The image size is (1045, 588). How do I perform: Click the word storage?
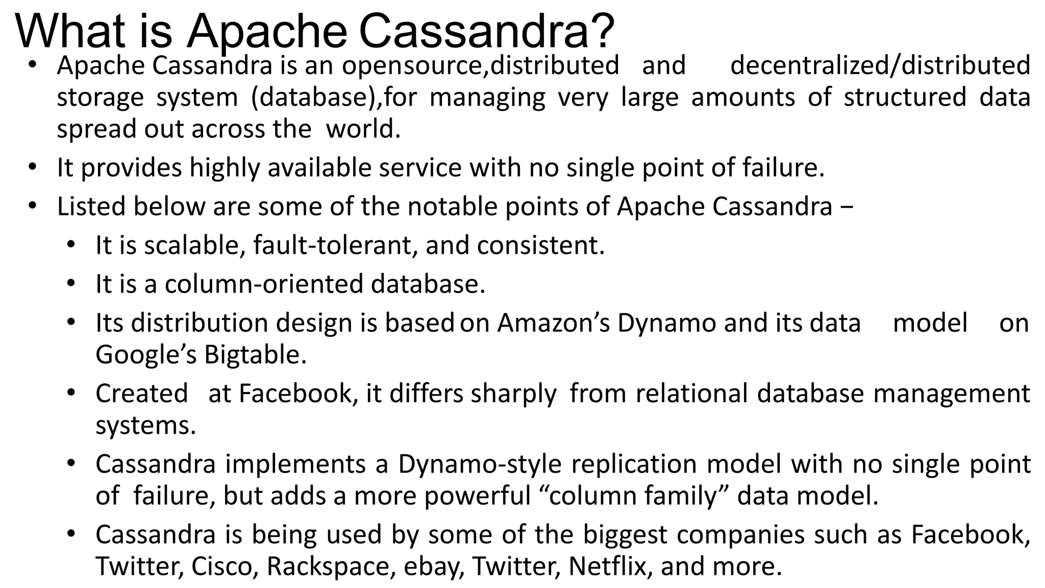tap(100, 97)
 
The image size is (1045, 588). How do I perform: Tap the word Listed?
tap(91, 206)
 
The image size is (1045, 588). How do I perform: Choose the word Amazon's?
tap(554, 323)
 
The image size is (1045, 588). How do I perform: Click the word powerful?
tap(478, 496)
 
